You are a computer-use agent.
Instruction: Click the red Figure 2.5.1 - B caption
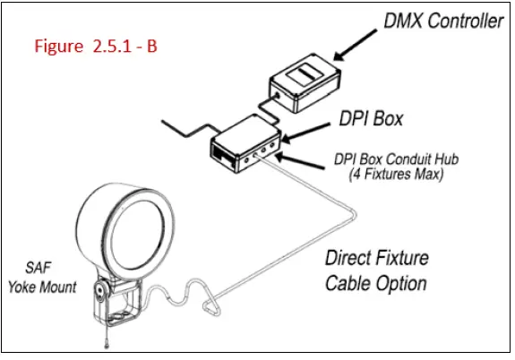click(96, 46)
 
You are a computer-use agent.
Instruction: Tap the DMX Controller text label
click(443, 21)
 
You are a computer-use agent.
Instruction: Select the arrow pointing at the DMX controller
click(356, 45)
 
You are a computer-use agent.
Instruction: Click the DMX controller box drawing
click(305, 83)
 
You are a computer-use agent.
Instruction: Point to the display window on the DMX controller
click(305, 74)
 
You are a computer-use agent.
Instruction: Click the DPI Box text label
click(371, 118)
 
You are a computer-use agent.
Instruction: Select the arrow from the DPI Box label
click(305, 133)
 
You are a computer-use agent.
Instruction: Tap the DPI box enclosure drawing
click(245, 144)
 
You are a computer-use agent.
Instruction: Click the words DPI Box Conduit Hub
click(396, 159)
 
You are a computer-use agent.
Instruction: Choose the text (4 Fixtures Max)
click(396, 174)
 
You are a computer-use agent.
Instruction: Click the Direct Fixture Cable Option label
click(377, 271)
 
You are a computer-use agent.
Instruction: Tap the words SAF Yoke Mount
click(42, 278)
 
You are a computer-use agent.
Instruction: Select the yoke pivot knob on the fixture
click(99, 290)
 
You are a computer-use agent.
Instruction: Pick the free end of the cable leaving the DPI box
click(161, 121)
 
